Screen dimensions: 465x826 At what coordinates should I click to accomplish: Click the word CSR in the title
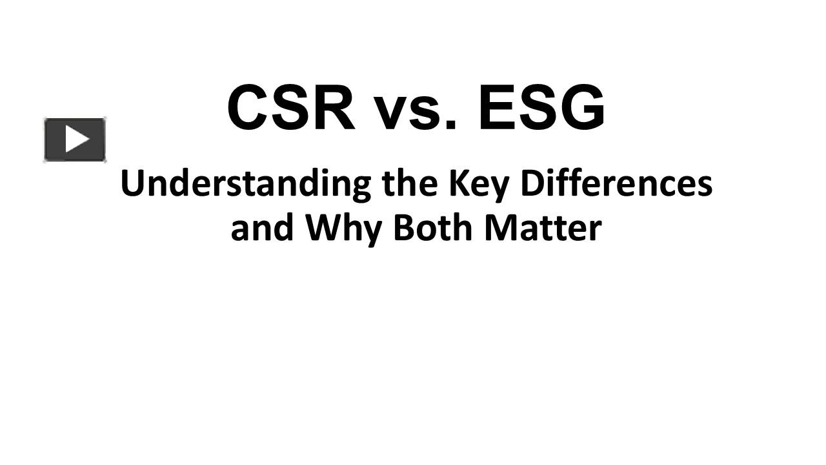(291, 108)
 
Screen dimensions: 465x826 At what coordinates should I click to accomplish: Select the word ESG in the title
(541, 108)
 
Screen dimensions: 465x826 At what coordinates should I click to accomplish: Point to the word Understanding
(245, 185)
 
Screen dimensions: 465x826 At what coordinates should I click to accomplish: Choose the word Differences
(616, 183)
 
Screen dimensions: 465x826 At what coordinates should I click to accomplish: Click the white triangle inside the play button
(77, 139)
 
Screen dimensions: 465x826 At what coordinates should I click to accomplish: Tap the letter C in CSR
(249, 108)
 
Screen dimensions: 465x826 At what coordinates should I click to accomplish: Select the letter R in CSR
(333, 108)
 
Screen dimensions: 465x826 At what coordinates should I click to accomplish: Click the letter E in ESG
(497, 108)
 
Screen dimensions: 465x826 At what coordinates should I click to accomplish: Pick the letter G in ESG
(581, 108)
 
